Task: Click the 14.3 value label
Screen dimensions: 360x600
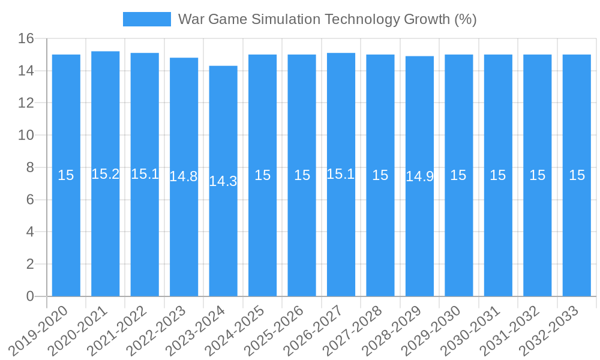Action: coord(223,181)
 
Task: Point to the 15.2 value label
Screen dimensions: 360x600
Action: coord(106,174)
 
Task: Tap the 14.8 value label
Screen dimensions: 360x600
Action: coord(184,176)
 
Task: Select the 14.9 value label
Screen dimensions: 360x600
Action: coord(419,176)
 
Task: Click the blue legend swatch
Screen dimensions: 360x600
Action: coord(146,19)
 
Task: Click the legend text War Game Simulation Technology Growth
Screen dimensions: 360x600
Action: coord(327,19)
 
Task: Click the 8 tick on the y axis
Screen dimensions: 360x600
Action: coord(30,167)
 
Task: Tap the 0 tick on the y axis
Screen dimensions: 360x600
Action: coord(30,296)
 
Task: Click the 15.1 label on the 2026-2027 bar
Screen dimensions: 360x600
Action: coord(341,174)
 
